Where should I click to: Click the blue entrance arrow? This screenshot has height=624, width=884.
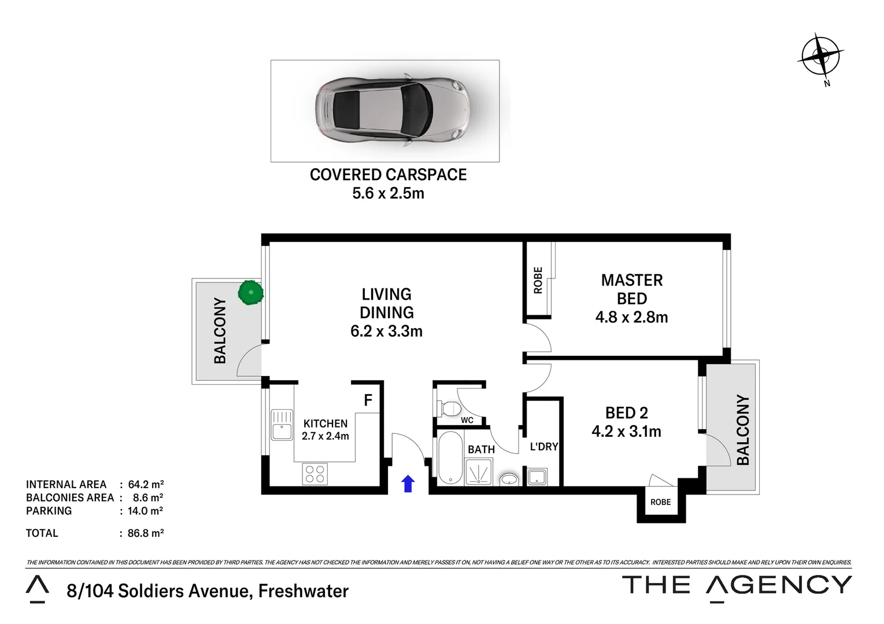pyautogui.click(x=408, y=484)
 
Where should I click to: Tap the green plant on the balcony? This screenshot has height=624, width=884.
pyautogui.click(x=251, y=292)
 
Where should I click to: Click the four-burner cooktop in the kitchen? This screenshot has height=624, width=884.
pyautogui.click(x=315, y=474)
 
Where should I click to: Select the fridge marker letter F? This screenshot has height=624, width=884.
pyautogui.click(x=368, y=400)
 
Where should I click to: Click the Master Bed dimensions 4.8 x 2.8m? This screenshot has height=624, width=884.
pyautogui.click(x=631, y=317)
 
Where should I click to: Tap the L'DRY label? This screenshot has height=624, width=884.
pyautogui.click(x=543, y=447)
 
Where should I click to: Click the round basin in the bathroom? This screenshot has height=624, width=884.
pyautogui.click(x=509, y=479)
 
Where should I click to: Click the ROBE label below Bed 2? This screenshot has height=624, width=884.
pyautogui.click(x=660, y=502)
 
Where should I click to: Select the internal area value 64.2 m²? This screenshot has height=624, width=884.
pyautogui.click(x=146, y=485)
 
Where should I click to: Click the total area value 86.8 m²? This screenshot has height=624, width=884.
pyautogui.click(x=146, y=533)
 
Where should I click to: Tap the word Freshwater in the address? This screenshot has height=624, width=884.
pyautogui.click(x=304, y=591)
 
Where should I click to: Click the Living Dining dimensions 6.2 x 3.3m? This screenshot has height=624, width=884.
pyautogui.click(x=386, y=331)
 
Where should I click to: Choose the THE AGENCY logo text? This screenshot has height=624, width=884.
pyautogui.click(x=737, y=585)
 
